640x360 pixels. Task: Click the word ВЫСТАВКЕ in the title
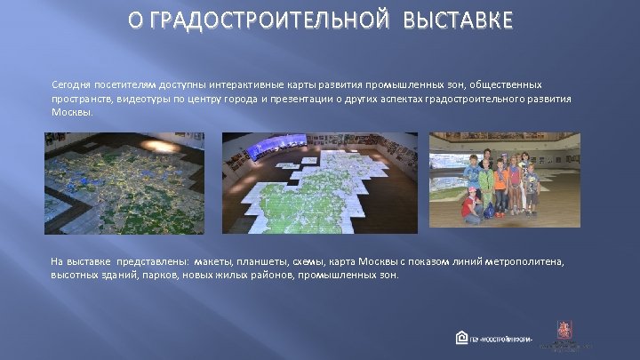click(x=457, y=20)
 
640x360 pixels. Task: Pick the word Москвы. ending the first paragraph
click(x=71, y=114)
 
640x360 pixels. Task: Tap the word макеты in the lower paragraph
click(x=213, y=261)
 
